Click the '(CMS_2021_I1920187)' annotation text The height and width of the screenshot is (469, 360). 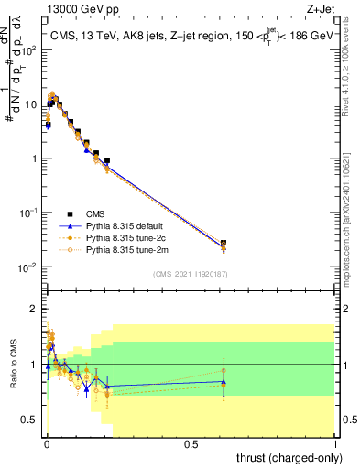191,273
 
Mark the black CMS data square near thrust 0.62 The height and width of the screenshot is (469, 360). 224,244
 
